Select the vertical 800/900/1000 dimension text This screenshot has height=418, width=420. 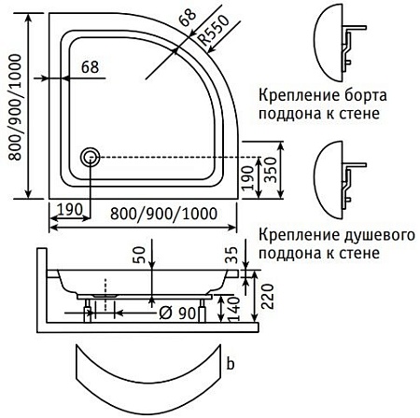click(16, 118)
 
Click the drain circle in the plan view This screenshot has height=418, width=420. click(91, 157)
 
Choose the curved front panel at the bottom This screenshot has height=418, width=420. click(150, 377)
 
